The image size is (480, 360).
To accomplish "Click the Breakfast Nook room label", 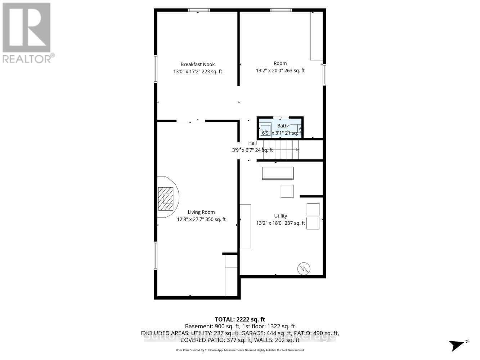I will [197, 64].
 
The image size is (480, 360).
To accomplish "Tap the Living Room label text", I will [201, 212].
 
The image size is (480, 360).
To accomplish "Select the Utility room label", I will [281, 216].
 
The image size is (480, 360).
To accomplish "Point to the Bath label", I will [282, 126].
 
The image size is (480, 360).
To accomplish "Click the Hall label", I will [252, 143].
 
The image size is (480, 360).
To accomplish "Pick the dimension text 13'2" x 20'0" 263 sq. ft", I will [280, 71].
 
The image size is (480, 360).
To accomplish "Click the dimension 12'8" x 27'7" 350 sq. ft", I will [201, 219].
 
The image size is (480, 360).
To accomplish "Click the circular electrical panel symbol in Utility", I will [304, 268].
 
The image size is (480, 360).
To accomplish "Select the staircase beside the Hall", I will [281, 150].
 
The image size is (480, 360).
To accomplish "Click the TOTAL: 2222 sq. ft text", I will [240, 319].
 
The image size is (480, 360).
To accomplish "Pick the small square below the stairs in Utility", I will [287, 191].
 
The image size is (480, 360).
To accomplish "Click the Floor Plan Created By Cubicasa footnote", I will [239, 350].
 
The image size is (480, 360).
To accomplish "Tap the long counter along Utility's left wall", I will [245, 226].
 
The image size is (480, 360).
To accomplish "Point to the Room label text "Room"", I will [280, 63].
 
